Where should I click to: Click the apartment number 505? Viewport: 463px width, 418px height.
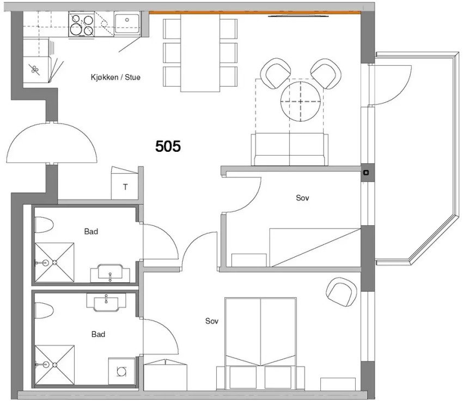(168, 146)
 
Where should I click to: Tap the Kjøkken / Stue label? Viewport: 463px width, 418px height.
(115, 77)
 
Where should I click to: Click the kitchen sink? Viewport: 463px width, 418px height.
(127, 23)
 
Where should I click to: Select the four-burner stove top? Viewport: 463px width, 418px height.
(82, 24)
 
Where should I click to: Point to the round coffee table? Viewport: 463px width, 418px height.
(301, 101)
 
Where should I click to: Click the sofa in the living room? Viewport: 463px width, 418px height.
(289, 149)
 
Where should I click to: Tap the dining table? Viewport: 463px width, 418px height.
(200, 53)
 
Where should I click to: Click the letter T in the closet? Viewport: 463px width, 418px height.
(125, 187)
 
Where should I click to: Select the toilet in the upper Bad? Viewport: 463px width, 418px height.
(44, 224)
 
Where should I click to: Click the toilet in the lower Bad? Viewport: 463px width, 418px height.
(44, 311)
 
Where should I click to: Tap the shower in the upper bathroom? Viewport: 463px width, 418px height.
(54, 262)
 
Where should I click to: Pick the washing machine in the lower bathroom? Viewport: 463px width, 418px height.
(121, 371)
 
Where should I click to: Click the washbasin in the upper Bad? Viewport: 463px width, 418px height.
(110, 273)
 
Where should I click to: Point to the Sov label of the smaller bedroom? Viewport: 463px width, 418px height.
(302, 198)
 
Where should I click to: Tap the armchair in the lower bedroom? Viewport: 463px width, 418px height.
(342, 292)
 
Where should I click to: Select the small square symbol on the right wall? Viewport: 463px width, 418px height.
(366, 173)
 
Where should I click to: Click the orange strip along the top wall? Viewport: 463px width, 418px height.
(255, 13)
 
